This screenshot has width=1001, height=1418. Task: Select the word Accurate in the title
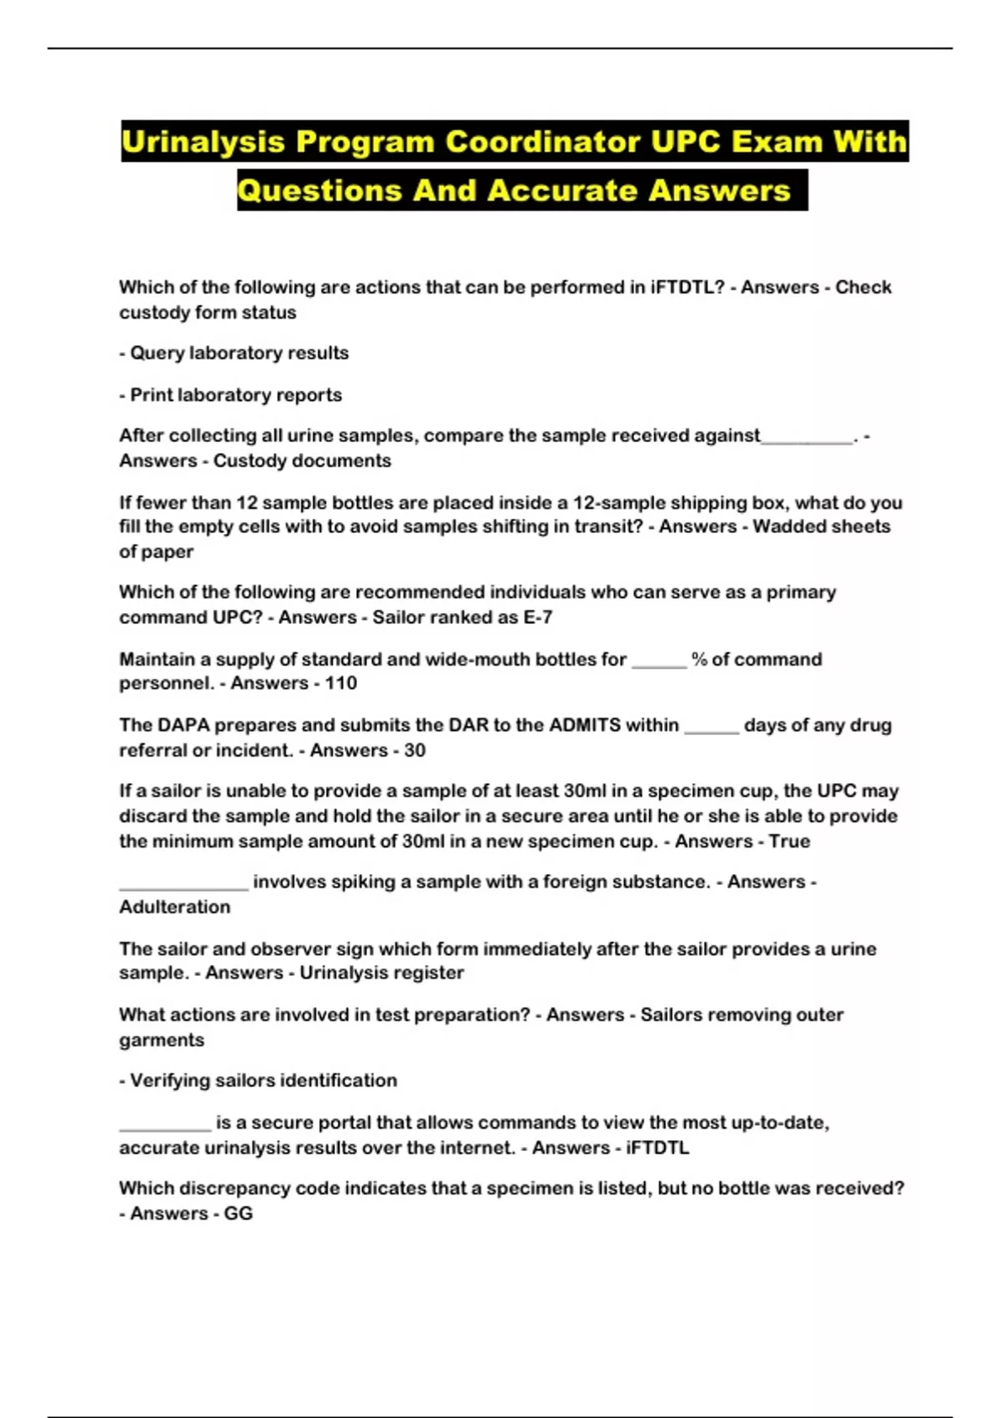point(561,190)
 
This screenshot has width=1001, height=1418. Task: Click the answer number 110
point(341,683)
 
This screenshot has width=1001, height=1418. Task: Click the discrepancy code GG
point(239,1214)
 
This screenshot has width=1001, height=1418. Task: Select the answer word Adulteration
point(174,907)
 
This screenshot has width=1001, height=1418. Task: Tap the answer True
point(789,841)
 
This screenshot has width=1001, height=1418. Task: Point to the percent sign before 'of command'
point(699,659)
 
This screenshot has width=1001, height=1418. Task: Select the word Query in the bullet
point(157,353)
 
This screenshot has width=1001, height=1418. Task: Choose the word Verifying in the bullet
point(170,1080)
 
